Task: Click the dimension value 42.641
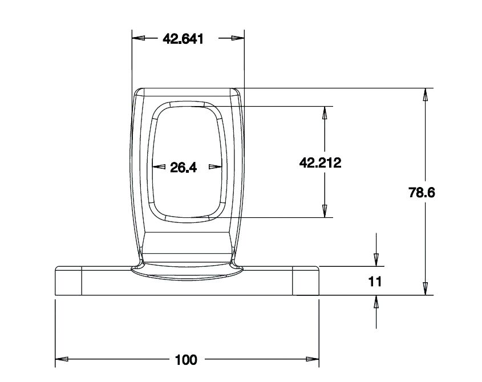coord(183,39)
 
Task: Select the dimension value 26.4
coord(183,167)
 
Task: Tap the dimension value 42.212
coord(320,163)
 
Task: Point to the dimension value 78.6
coord(422,193)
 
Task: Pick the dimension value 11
coord(375,281)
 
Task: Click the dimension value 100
coord(186,360)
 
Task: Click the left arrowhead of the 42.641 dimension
coord(138,39)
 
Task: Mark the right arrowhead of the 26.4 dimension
coord(214,167)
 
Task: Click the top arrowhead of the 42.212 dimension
coord(325,112)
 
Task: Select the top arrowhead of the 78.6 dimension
coord(425,95)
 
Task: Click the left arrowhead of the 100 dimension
coord(62,360)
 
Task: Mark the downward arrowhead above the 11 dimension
coord(376,259)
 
